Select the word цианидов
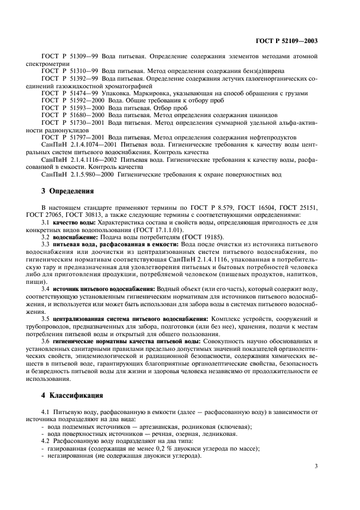point(263,115)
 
